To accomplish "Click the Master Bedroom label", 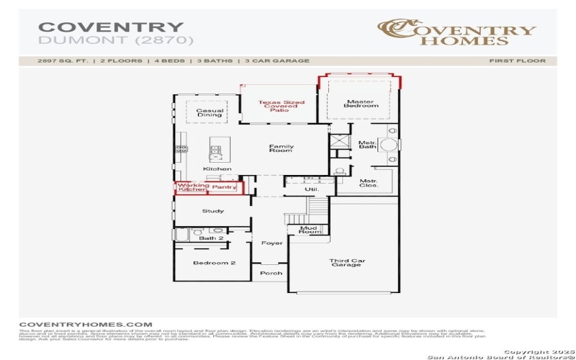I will (x=361, y=104).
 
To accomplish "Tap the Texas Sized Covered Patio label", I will (x=282, y=106).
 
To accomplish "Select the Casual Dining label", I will (x=210, y=113).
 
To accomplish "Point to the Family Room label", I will (x=282, y=148).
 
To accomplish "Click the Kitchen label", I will (x=217, y=169).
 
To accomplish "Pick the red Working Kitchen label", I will (x=193, y=187).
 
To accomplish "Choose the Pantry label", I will (x=224, y=187).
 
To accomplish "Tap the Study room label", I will (x=213, y=211).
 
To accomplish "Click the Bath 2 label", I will (x=212, y=238).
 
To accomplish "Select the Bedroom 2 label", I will (x=214, y=263).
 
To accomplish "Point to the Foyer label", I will (x=272, y=243).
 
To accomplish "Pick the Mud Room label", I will (x=310, y=230).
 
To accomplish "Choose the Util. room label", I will (x=311, y=189).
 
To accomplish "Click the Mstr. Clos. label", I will (x=369, y=183).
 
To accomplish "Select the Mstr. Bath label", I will (x=367, y=145).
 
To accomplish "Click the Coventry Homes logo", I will (x=456, y=32).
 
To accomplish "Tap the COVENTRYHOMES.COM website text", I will (x=86, y=325).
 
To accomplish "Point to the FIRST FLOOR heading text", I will (x=517, y=61).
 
